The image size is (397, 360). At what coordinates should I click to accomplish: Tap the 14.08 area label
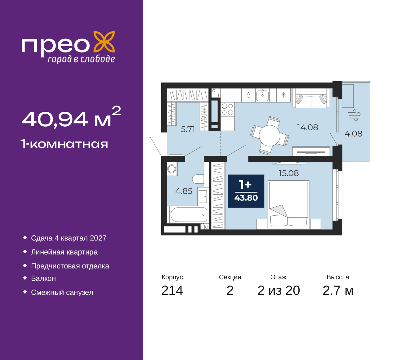(x=308, y=127)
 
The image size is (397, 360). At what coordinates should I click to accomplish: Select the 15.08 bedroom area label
(x=289, y=173)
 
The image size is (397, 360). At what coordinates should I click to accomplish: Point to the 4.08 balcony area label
(x=354, y=134)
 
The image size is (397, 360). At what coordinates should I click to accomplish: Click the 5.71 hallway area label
(x=188, y=129)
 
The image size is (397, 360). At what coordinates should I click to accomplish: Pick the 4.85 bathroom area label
(x=184, y=191)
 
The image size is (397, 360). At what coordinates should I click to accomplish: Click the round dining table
(x=269, y=136)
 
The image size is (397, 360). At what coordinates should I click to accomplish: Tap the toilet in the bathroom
(x=198, y=179)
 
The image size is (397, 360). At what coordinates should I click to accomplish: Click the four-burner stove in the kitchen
(x=227, y=109)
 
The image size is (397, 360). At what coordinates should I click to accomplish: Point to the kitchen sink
(x=262, y=95)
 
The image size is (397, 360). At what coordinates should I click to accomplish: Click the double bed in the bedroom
(x=288, y=205)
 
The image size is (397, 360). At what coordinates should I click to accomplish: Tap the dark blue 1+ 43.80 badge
(x=246, y=191)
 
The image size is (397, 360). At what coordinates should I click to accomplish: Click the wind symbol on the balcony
(x=354, y=115)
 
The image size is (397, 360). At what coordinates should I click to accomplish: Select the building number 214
(x=172, y=290)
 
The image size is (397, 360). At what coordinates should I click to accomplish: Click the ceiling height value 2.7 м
(x=338, y=290)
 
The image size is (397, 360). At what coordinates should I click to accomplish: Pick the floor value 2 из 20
(x=279, y=290)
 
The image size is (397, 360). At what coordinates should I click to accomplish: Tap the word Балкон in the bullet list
(x=43, y=278)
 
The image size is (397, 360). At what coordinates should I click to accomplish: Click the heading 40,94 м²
(x=71, y=117)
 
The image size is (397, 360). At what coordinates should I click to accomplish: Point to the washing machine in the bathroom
(x=172, y=169)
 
